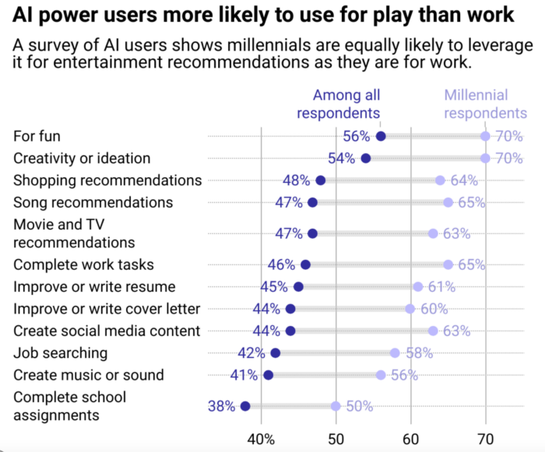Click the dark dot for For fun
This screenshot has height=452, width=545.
pos(381,136)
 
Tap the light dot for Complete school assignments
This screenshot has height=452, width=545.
pos(336,405)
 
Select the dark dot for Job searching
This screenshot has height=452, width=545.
pos(276,352)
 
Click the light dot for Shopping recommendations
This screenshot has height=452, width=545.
pos(441,180)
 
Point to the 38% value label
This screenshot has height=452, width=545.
pos(221,405)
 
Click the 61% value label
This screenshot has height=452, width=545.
pos(441,286)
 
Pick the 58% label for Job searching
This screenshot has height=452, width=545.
pos(418,352)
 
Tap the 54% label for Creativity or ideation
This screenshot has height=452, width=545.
pos(342,158)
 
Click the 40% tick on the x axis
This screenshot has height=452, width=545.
pos(261,437)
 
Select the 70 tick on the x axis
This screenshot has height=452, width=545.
pos(486,437)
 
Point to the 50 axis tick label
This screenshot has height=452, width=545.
pos(336,437)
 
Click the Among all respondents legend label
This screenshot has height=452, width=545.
pos(346,104)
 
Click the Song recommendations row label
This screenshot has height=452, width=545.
pos(93,201)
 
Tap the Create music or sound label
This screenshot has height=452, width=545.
pos(89,374)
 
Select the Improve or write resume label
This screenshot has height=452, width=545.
pos(95,286)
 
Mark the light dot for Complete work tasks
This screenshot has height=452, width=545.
pos(448,265)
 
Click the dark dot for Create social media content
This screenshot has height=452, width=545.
pos(290,331)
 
